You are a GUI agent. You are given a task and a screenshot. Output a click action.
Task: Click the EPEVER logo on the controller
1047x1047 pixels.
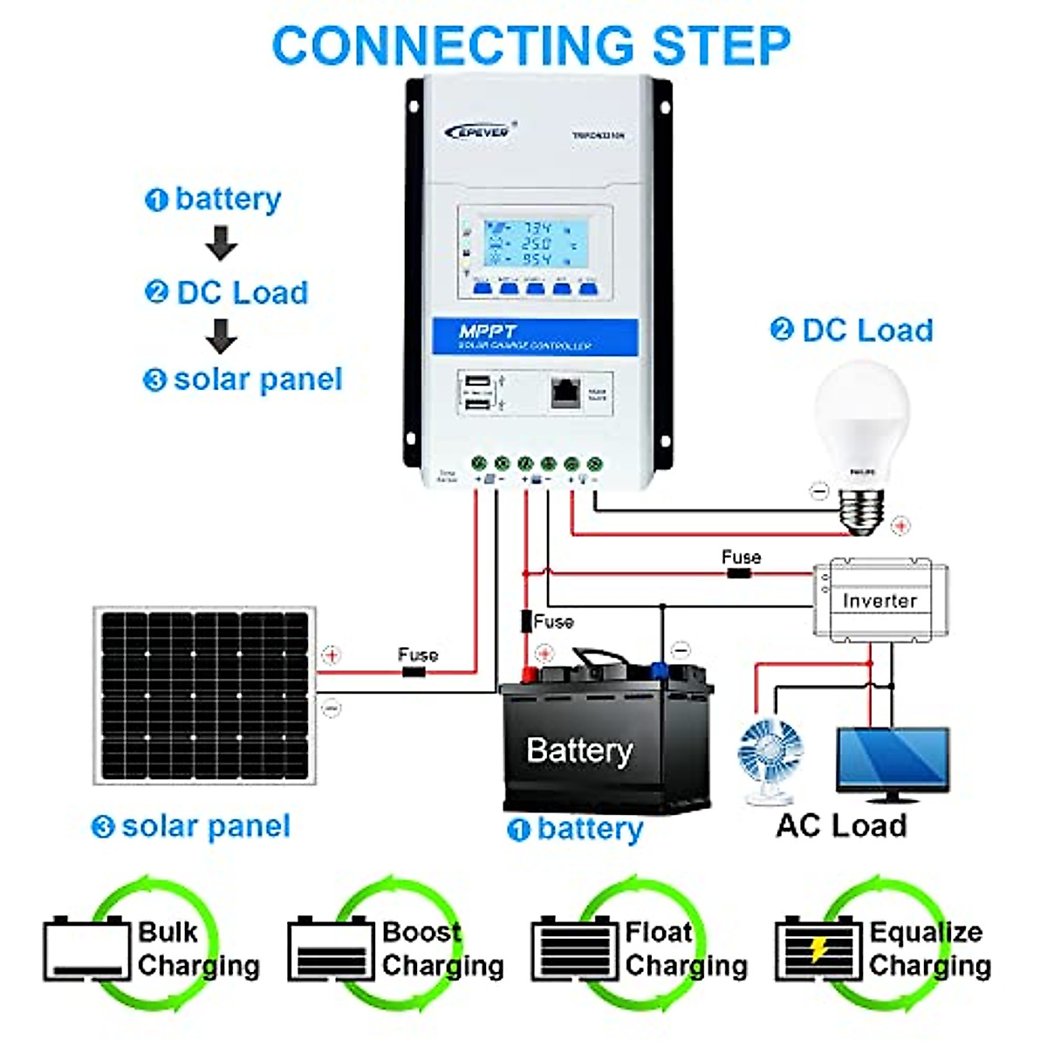pyautogui.click(x=478, y=132)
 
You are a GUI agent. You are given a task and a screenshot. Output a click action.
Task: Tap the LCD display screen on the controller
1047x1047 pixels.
pyautogui.click(x=534, y=244)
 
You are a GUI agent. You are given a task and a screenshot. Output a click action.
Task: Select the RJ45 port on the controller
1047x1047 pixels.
pyautogui.click(x=565, y=392)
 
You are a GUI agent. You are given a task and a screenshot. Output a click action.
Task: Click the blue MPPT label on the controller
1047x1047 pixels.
pyautogui.click(x=535, y=337)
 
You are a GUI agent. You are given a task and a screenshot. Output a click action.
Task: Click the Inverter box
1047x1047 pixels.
pyautogui.click(x=879, y=600)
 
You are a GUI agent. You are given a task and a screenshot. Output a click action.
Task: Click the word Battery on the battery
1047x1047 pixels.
pyautogui.click(x=579, y=750)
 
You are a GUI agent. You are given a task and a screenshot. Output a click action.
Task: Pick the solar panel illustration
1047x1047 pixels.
pyautogui.click(x=205, y=695)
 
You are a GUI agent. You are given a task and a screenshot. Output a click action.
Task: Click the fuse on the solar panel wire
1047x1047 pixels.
pyautogui.click(x=414, y=672)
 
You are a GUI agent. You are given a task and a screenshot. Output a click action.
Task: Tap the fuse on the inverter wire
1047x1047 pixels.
pyautogui.click(x=739, y=573)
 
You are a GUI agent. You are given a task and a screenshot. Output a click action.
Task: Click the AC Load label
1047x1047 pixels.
pyautogui.click(x=841, y=825)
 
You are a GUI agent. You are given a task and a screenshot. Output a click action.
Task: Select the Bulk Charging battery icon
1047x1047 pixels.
pyautogui.click(x=86, y=949)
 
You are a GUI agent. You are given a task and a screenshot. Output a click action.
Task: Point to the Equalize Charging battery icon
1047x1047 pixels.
pyautogui.click(x=818, y=949)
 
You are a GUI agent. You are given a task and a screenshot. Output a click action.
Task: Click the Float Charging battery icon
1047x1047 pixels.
pyautogui.click(x=574, y=949)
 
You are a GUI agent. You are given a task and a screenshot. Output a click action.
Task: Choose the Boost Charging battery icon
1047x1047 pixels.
pyautogui.click(x=330, y=949)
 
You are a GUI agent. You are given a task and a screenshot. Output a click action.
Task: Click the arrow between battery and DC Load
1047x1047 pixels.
pyautogui.click(x=222, y=243)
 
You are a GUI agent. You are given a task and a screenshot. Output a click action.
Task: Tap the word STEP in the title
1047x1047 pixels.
pyautogui.click(x=722, y=45)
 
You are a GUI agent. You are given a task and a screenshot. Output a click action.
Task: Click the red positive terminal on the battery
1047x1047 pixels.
pyautogui.click(x=528, y=673)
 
